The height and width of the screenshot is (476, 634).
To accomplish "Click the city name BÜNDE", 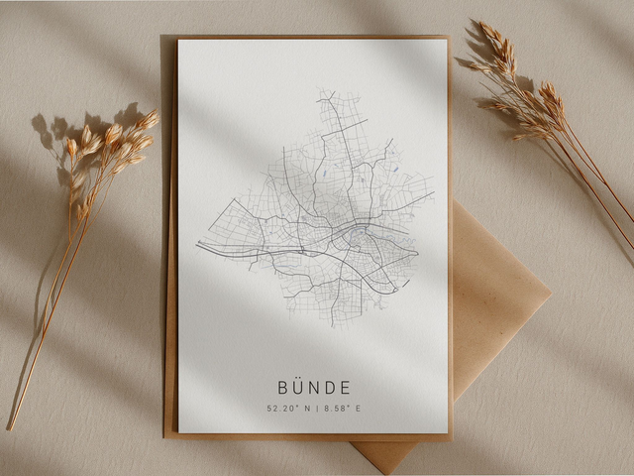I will tap(314, 387).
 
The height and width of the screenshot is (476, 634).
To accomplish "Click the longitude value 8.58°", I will tap(337, 408).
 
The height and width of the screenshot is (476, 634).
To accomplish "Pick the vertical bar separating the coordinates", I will tap(316, 408).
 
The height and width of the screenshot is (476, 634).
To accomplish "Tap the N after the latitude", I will tap(306, 408).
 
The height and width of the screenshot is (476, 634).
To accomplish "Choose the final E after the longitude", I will tap(360, 408).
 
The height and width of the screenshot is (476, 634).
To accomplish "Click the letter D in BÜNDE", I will tap(330, 387).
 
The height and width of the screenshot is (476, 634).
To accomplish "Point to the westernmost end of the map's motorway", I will tap(197, 244).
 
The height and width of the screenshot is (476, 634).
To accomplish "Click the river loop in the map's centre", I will tap(353, 236).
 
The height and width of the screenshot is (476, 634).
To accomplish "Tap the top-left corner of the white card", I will tap(179, 41).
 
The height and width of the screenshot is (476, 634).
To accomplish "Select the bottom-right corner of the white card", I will tap(447, 431).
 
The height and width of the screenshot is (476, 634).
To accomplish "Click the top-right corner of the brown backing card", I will tap(450, 37).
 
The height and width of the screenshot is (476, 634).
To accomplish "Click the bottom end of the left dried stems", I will tap(11, 427).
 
